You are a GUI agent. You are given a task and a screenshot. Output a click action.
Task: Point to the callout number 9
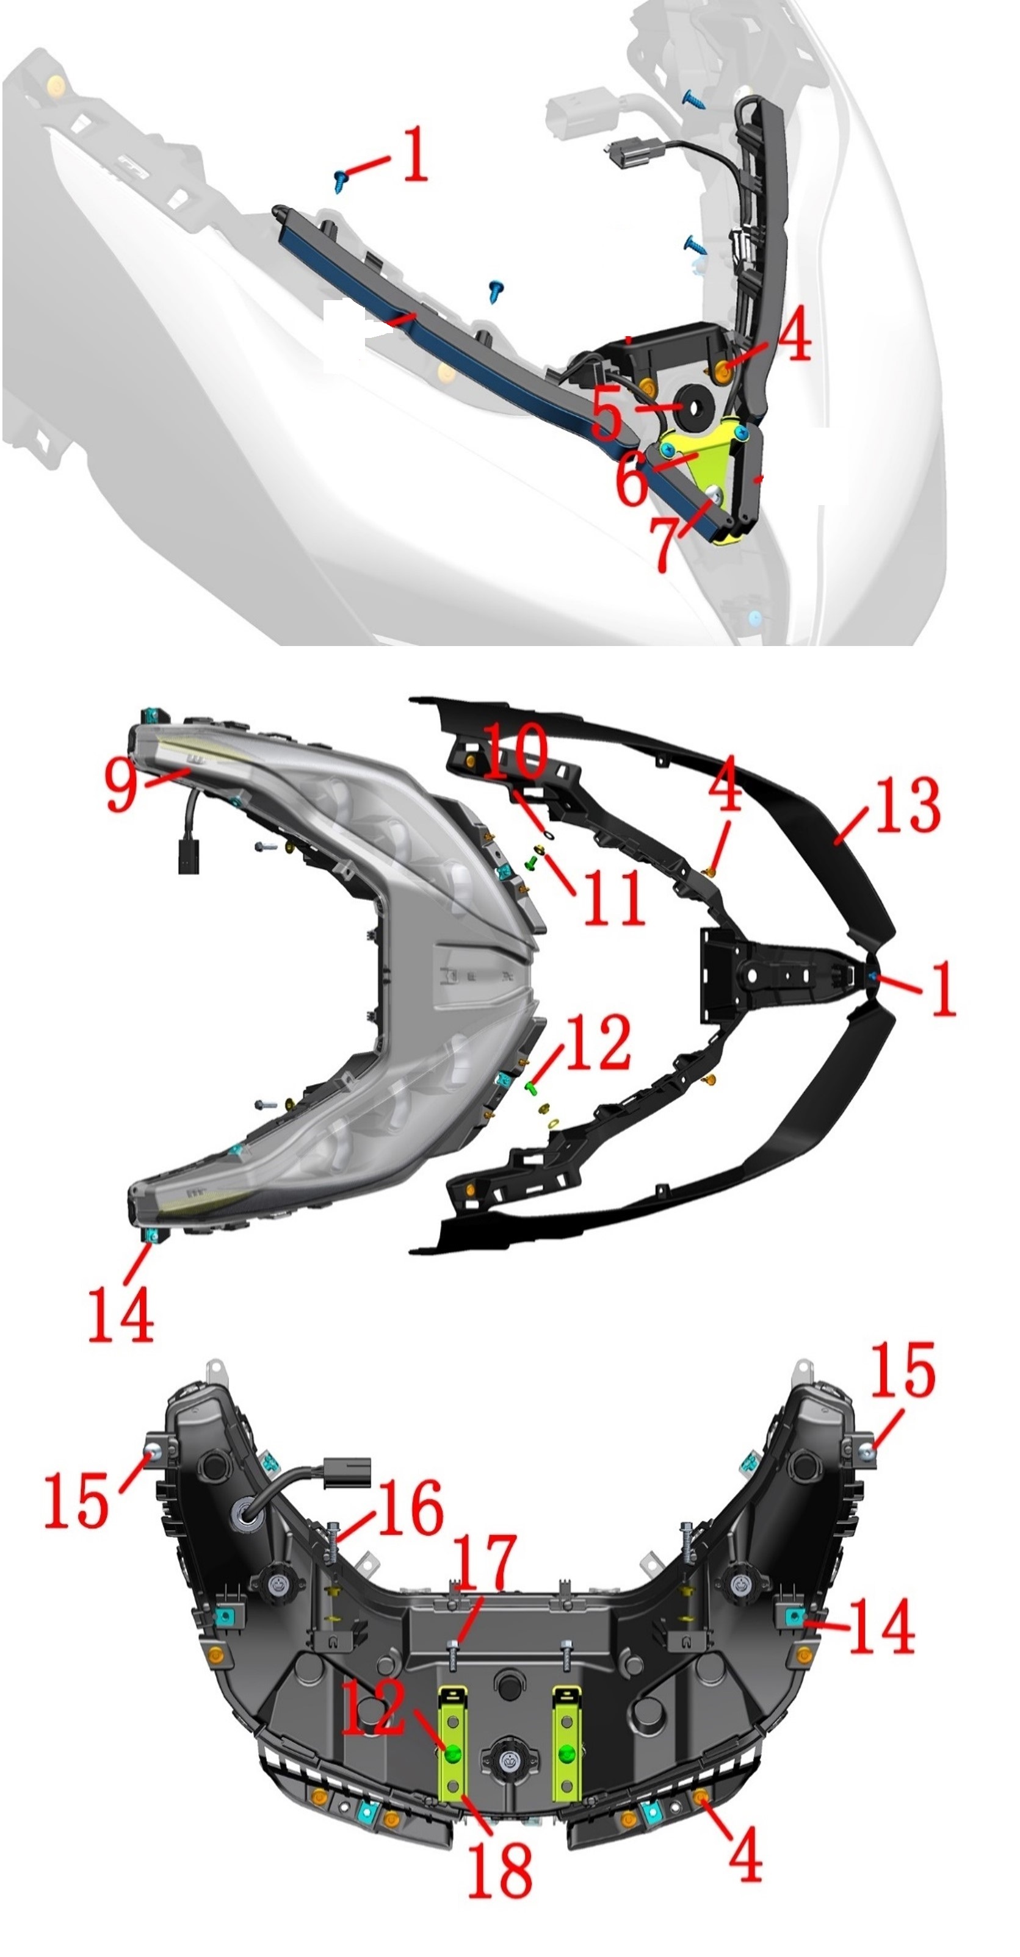tap(121, 784)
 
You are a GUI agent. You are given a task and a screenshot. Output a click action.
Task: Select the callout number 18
tap(499, 1870)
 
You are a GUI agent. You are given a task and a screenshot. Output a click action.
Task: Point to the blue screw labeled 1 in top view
tap(340, 179)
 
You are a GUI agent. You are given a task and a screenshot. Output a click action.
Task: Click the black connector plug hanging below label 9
tap(186, 855)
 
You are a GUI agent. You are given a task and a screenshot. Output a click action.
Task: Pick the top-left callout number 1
tap(414, 154)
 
